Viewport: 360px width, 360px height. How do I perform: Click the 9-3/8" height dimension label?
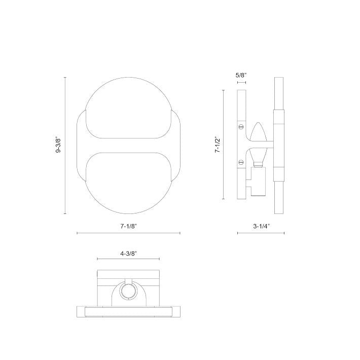[x=59, y=146]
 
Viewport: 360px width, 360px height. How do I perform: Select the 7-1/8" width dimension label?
[x=129, y=226]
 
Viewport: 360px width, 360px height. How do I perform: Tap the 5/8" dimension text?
[x=241, y=75]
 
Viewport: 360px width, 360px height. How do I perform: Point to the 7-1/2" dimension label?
[x=217, y=145]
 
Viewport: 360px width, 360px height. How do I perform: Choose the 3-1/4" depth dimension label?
[x=261, y=226]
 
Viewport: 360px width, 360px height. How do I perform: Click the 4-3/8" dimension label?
[x=129, y=254]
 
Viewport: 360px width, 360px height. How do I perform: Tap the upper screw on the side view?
[x=241, y=126]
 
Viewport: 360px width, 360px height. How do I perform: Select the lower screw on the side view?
[x=241, y=162]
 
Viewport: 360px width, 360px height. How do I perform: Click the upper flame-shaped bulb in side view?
[x=258, y=131]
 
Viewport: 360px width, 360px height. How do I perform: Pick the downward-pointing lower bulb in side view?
[x=258, y=157]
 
